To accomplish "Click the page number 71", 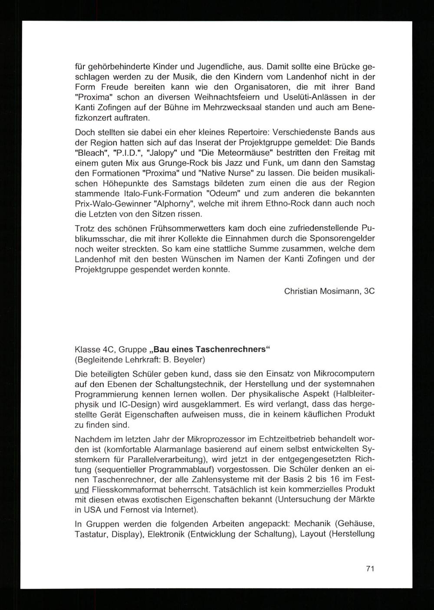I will (x=370, y=568).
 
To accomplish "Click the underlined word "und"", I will (x=82, y=489).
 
